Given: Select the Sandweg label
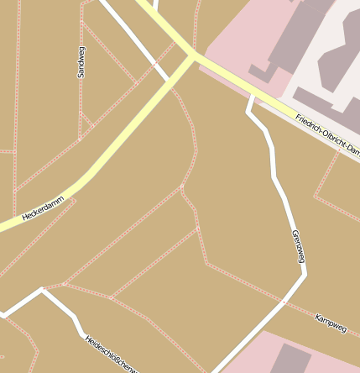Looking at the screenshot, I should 82,60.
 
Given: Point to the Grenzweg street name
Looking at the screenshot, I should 296,246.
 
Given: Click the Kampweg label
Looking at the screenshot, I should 331,323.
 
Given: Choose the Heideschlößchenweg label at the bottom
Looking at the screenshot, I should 110,353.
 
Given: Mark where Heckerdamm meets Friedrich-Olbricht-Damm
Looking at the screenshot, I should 193,56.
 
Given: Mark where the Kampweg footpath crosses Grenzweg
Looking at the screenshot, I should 285,301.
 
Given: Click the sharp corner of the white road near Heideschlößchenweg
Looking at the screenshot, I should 43,291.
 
